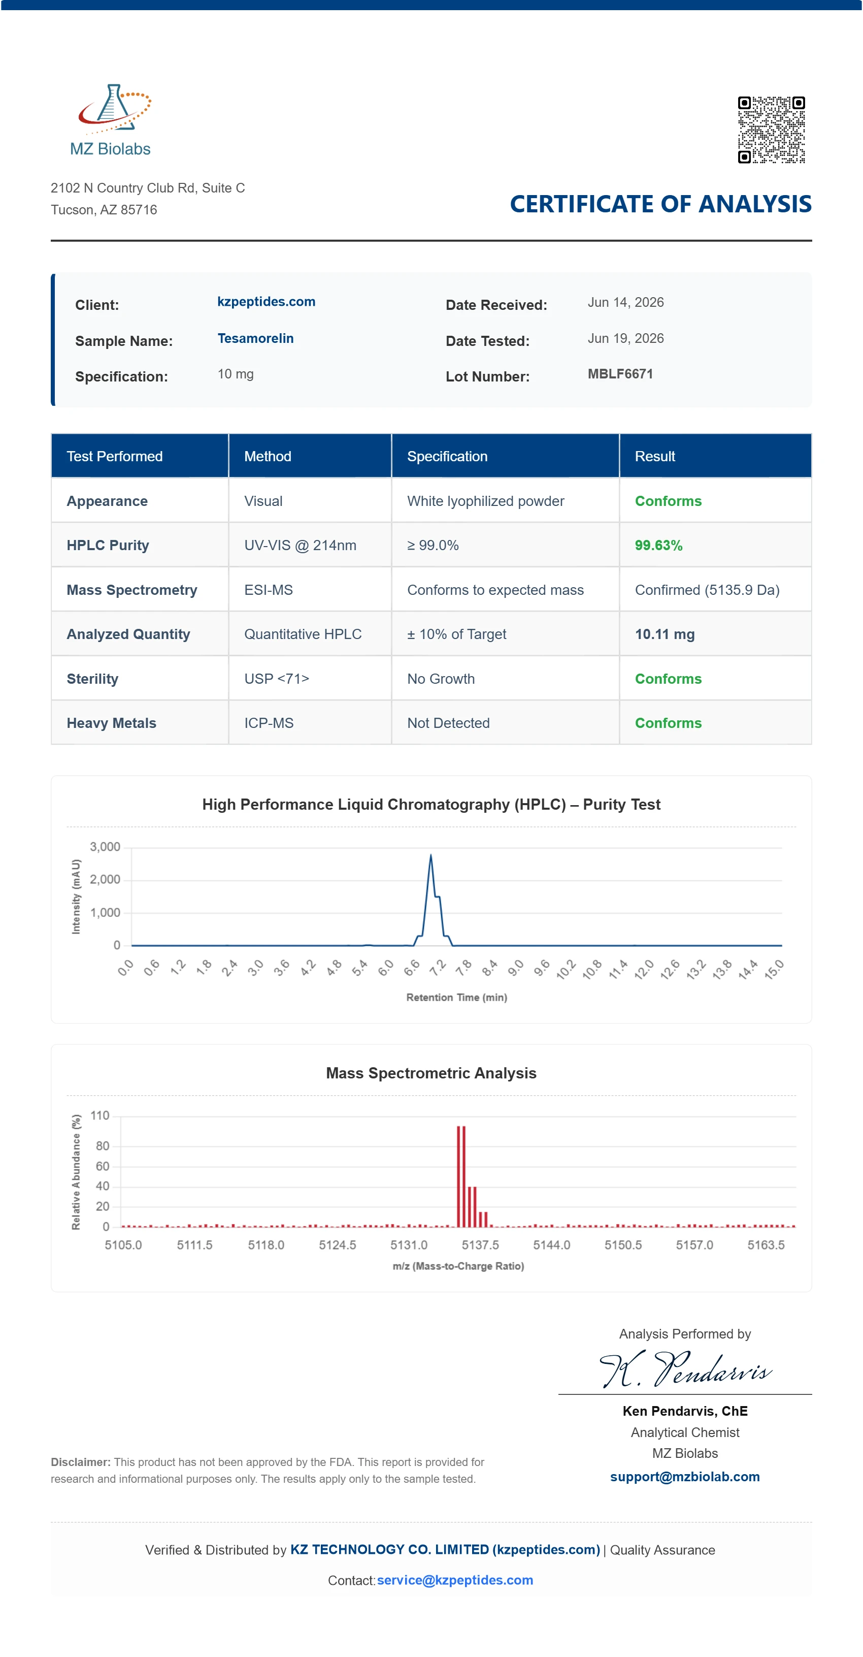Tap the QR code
[771, 130]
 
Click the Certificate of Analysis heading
[660, 204]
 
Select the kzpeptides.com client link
[266, 302]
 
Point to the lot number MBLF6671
[620, 374]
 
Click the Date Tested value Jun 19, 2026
[625, 338]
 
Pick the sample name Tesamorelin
[255, 338]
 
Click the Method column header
[268, 456]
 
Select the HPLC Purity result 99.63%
[658, 546]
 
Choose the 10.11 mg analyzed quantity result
[665, 634]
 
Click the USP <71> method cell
[277, 679]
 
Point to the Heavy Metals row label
[111, 723]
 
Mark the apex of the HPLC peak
[431, 854]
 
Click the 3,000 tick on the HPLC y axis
[105, 846]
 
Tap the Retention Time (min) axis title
[456, 997]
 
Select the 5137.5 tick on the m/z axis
[480, 1245]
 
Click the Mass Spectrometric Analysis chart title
[431, 1073]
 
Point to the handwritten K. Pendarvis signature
[685, 1369]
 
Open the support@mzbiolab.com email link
[685, 1477]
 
